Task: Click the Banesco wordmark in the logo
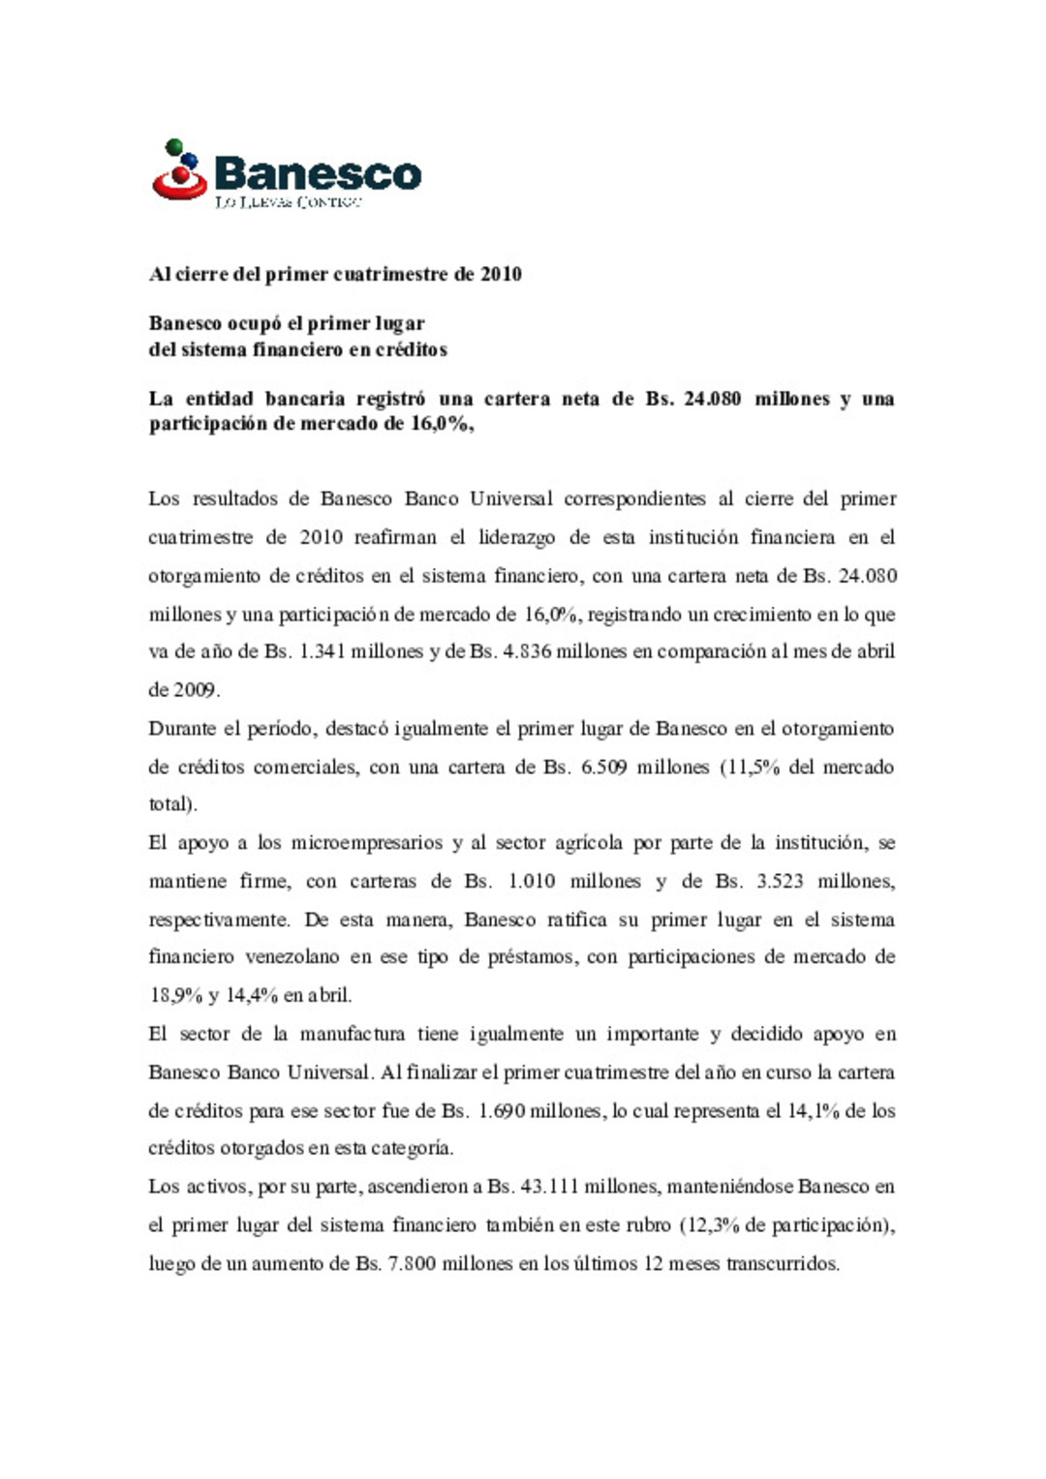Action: (318, 174)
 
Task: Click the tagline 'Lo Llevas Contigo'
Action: (288, 202)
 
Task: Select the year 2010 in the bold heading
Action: (501, 275)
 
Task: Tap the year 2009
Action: (194, 690)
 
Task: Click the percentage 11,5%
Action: (754, 768)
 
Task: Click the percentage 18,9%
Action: (173, 996)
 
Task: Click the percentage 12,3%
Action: (710, 1225)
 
